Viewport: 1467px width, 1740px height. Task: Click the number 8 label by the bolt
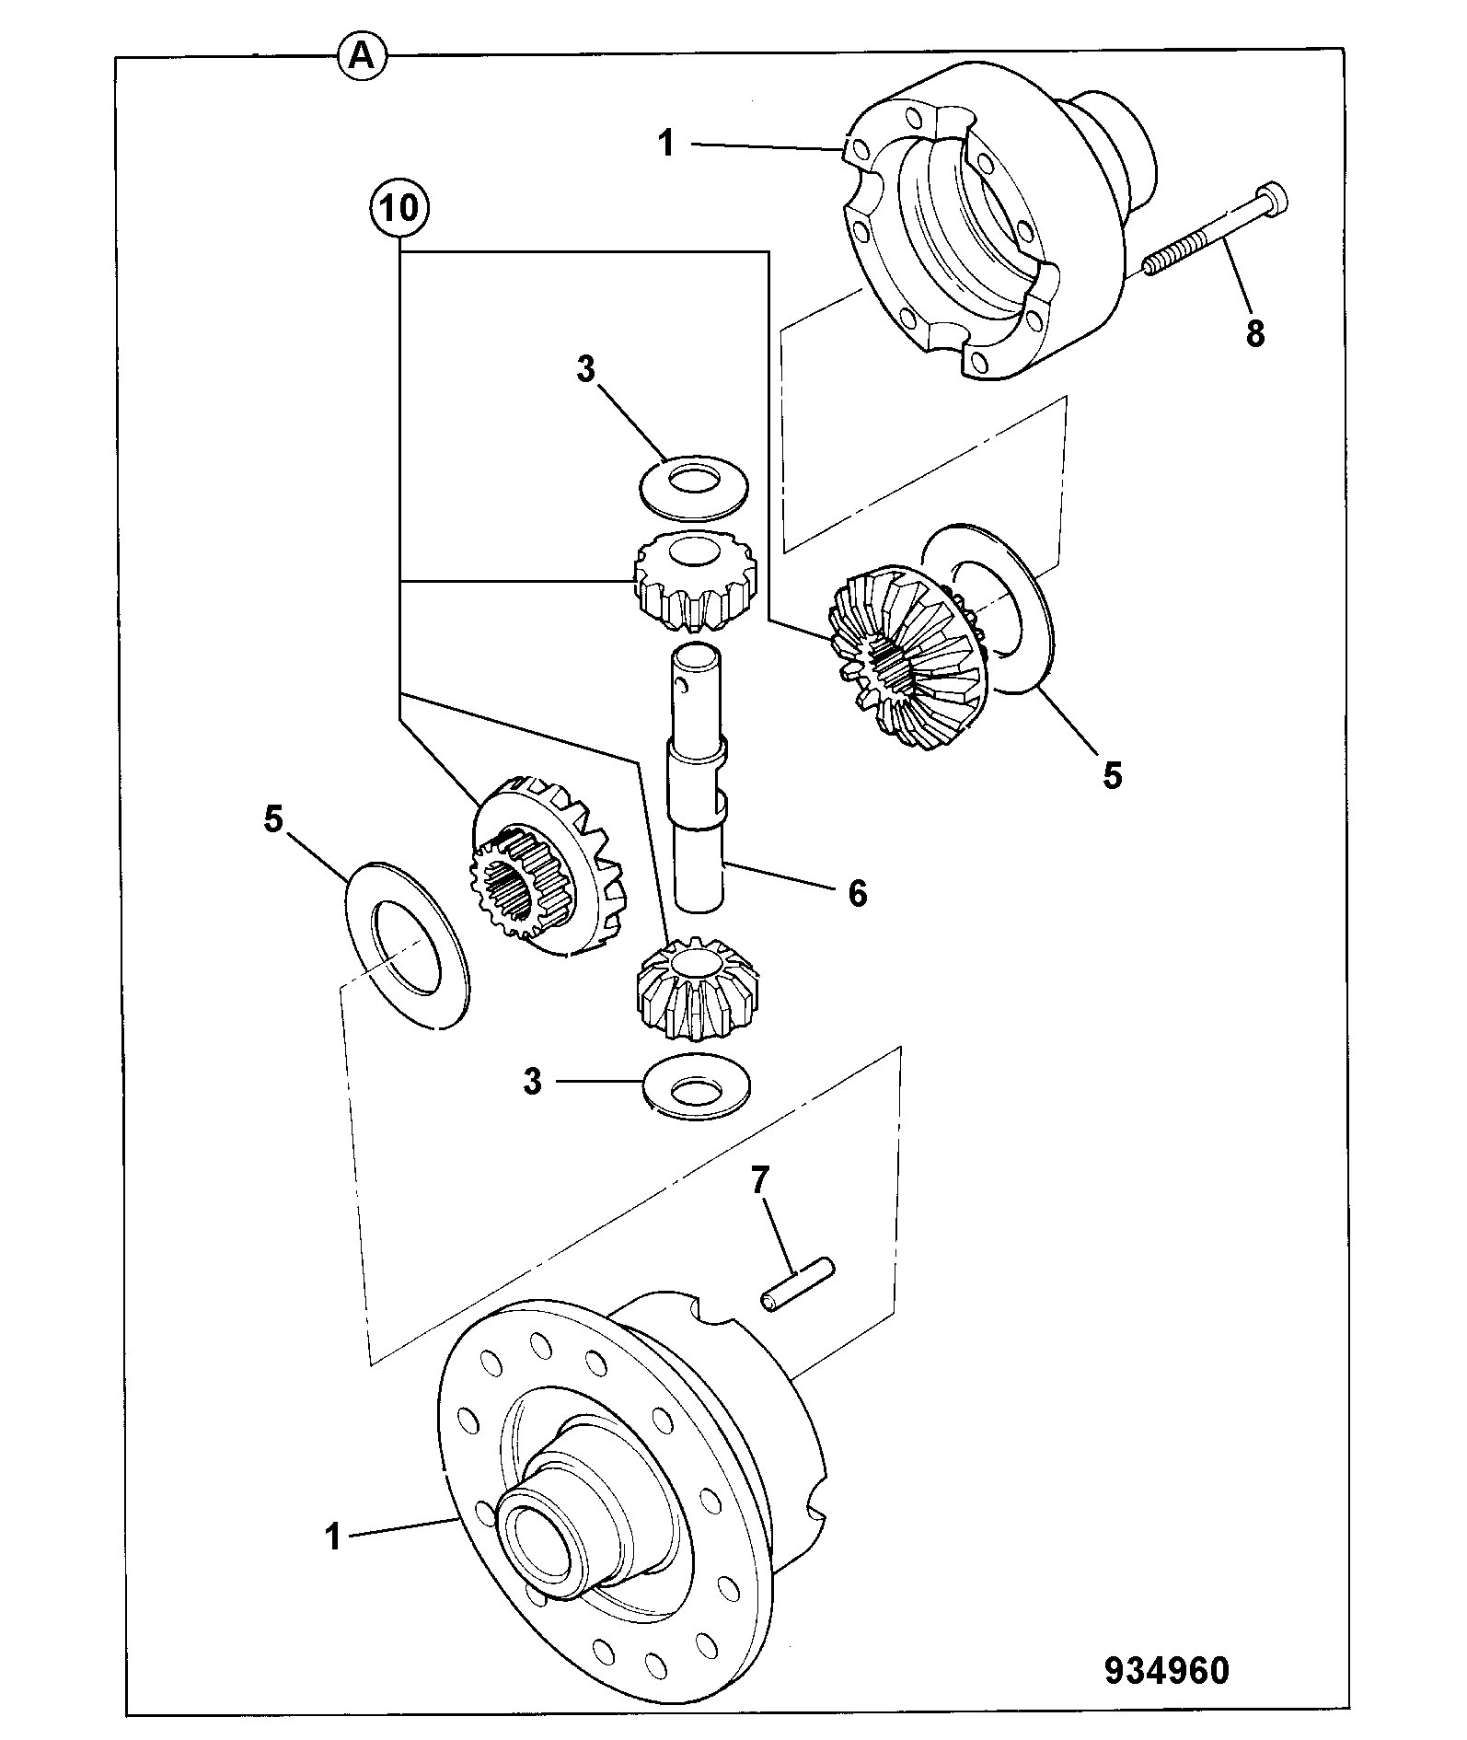click(x=1255, y=332)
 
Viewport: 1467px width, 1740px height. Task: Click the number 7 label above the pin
click(x=759, y=1182)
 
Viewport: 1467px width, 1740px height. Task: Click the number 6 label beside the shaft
click(x=857, y=892)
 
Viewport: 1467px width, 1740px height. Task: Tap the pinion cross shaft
click(x=698, y=779)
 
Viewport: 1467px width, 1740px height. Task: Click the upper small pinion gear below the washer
click(x=695, y=584)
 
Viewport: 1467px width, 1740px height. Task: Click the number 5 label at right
click(x=1113, y=775)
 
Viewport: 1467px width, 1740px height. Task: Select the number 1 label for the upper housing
click(x=667, y=144)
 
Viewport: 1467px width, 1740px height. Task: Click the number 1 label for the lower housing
click(x=332, y=1537)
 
